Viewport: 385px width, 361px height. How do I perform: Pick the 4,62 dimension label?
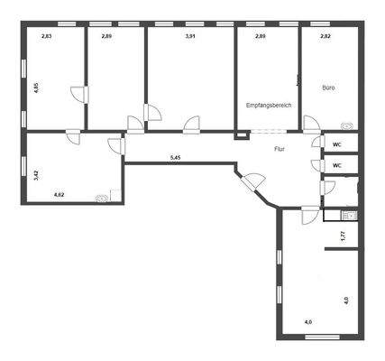click(x=60, y=194)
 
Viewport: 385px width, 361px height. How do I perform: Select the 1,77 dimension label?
click(x=343, y=236)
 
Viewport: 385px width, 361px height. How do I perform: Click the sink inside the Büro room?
click(x=346, y=126)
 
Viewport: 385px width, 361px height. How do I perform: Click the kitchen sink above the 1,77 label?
click(x=347, y=215)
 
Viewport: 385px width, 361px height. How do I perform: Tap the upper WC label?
click(x=336, y=144)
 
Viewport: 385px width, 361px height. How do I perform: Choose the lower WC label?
click(x=336, y=166)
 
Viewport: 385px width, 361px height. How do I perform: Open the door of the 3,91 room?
click(x=191, y=125)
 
